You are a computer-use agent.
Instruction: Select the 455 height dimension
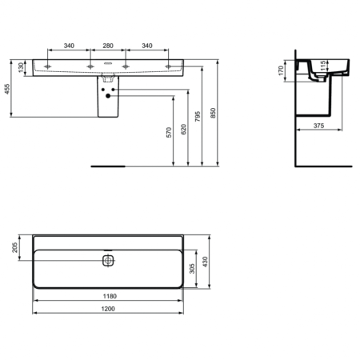(x=8, y=90)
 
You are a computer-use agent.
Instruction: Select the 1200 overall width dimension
(x=110, y=309)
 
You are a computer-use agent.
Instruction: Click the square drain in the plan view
(x=109, y=261)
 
